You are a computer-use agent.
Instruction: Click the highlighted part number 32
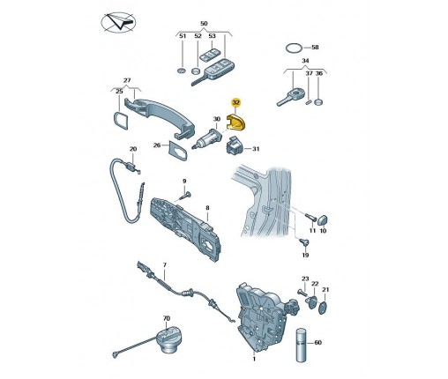(x=236, y=102)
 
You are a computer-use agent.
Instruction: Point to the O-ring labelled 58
(x=294, y=48)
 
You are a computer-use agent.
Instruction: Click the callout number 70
(x=167, y=318)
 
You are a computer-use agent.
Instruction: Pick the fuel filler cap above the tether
(x=168, y=340)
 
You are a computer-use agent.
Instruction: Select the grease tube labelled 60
(x=302, y=345)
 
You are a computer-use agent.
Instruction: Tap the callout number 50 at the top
(x=204, y=24)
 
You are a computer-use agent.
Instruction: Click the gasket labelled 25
(x=121, y=120)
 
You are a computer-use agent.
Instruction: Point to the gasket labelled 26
(x=177, y=151)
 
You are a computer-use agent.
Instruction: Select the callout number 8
(x=207, y=208)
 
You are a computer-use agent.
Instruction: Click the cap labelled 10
(x=323, y=220)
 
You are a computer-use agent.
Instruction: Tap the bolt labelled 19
(x=304, y=242)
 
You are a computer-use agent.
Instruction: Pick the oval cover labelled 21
(x=323, y=308)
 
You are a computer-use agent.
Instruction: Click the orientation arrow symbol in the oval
(x=118, y=22)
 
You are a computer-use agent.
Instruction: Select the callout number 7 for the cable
(x=164, y=265)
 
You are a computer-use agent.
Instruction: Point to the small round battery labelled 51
(x=182, y=71)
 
